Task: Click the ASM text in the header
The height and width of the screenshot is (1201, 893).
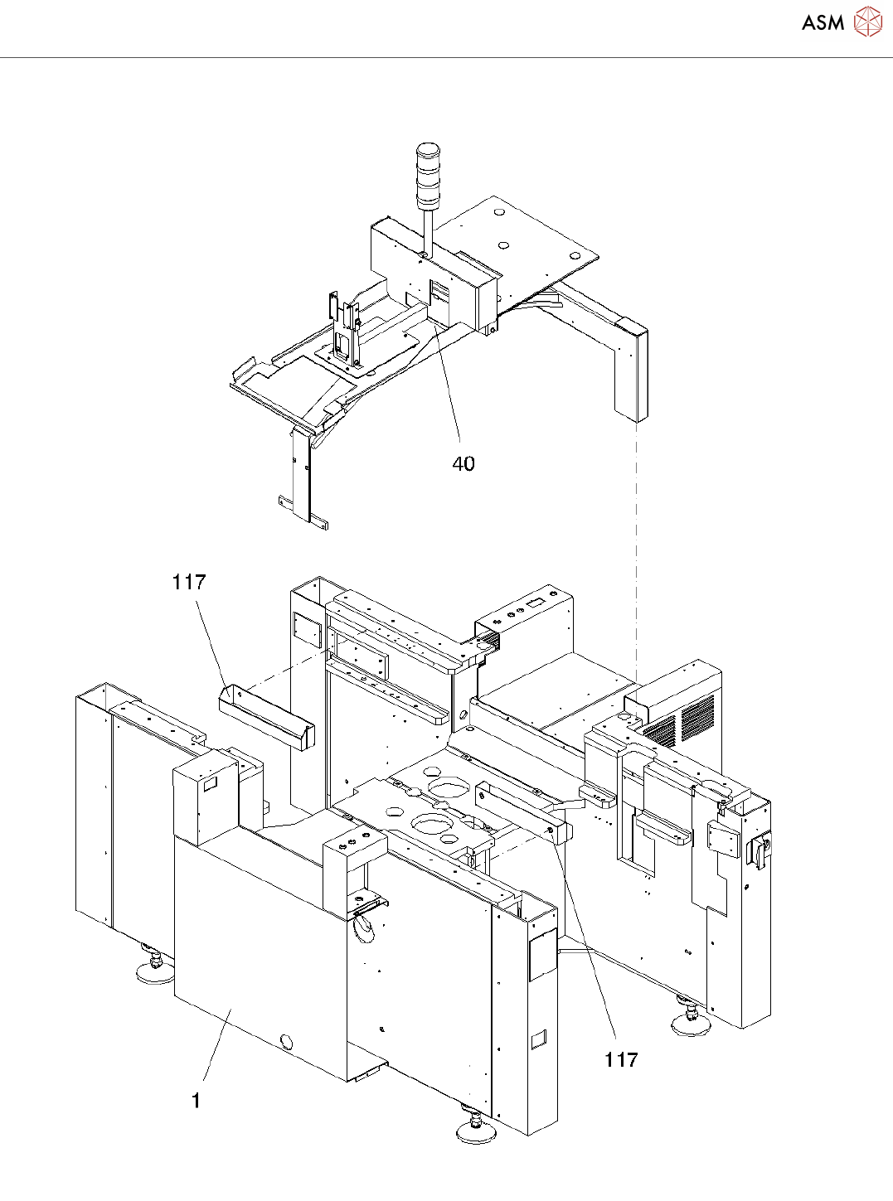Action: click(823, 23)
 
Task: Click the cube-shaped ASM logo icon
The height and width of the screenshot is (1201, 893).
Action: click(867, 22)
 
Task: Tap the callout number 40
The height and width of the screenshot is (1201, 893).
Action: click(463, 464)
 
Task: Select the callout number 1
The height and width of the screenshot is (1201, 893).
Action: click(196, 1101)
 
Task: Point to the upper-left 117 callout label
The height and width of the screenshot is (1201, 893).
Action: click(188, 583)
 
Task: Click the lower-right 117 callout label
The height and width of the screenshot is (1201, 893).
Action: click(621, 1059)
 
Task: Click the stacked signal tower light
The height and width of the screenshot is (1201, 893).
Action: click(429, 175)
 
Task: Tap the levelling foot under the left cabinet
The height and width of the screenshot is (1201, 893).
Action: click(154, 968)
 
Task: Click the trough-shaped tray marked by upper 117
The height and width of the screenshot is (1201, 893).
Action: click(266, 718)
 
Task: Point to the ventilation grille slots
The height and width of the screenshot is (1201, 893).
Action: click(680, 722)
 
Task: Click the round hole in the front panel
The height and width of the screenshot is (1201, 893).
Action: click(287, 1041)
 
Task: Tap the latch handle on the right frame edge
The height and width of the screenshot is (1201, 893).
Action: click(760, 851)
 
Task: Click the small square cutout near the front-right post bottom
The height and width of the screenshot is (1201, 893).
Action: click(538, 1038)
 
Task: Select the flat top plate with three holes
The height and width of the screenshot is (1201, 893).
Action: click(531, 236)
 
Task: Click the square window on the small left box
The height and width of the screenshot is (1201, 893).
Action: click(210, 782)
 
